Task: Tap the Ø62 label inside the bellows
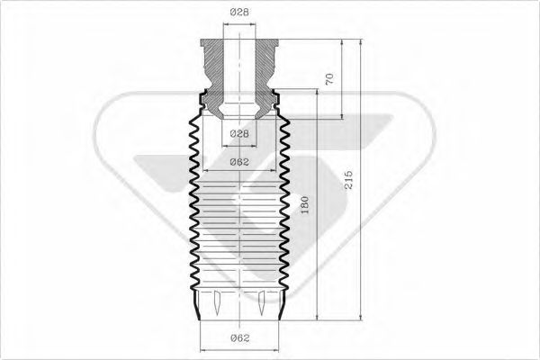coord(238,162)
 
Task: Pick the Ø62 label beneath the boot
coord(238,338)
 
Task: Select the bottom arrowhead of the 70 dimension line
coord(342,115)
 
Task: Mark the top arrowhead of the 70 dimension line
coord(342,42)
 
